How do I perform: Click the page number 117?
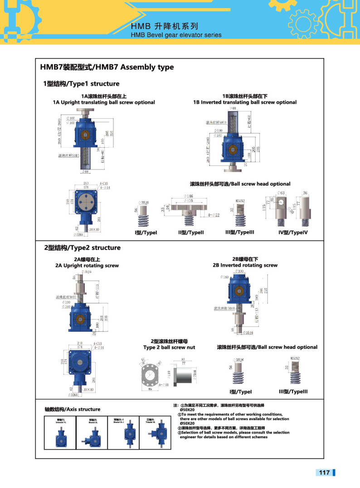pos(324,473)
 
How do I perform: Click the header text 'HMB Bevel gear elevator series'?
pos(176,35)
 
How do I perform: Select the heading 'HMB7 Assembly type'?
pos(107,67)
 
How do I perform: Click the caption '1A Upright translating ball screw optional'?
pos(104,102)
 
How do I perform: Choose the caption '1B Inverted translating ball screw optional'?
pos(245,102)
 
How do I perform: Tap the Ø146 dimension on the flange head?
pos(188,196)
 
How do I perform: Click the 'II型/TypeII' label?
pos(191,233)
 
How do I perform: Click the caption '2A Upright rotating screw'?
pos(87,266)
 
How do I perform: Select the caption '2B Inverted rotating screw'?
pos(245,266)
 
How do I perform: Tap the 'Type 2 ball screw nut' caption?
pos(169,348)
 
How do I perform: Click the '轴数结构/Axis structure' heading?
pos(72,409)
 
